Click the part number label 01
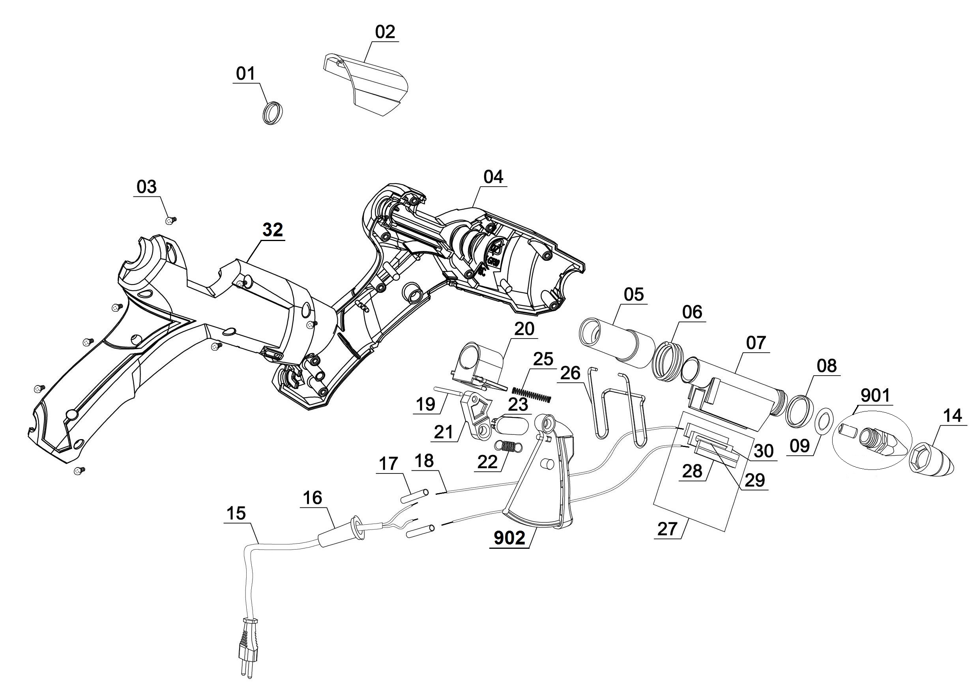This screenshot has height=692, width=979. tap(245, 74)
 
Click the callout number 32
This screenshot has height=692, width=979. tap(272, 230)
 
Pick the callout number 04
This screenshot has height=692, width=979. tap(493, 177)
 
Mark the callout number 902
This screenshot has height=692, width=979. tap(509, 538)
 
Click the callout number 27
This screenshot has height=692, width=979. tap(667, 529)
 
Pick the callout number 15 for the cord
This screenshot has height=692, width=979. tap(236, 513)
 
